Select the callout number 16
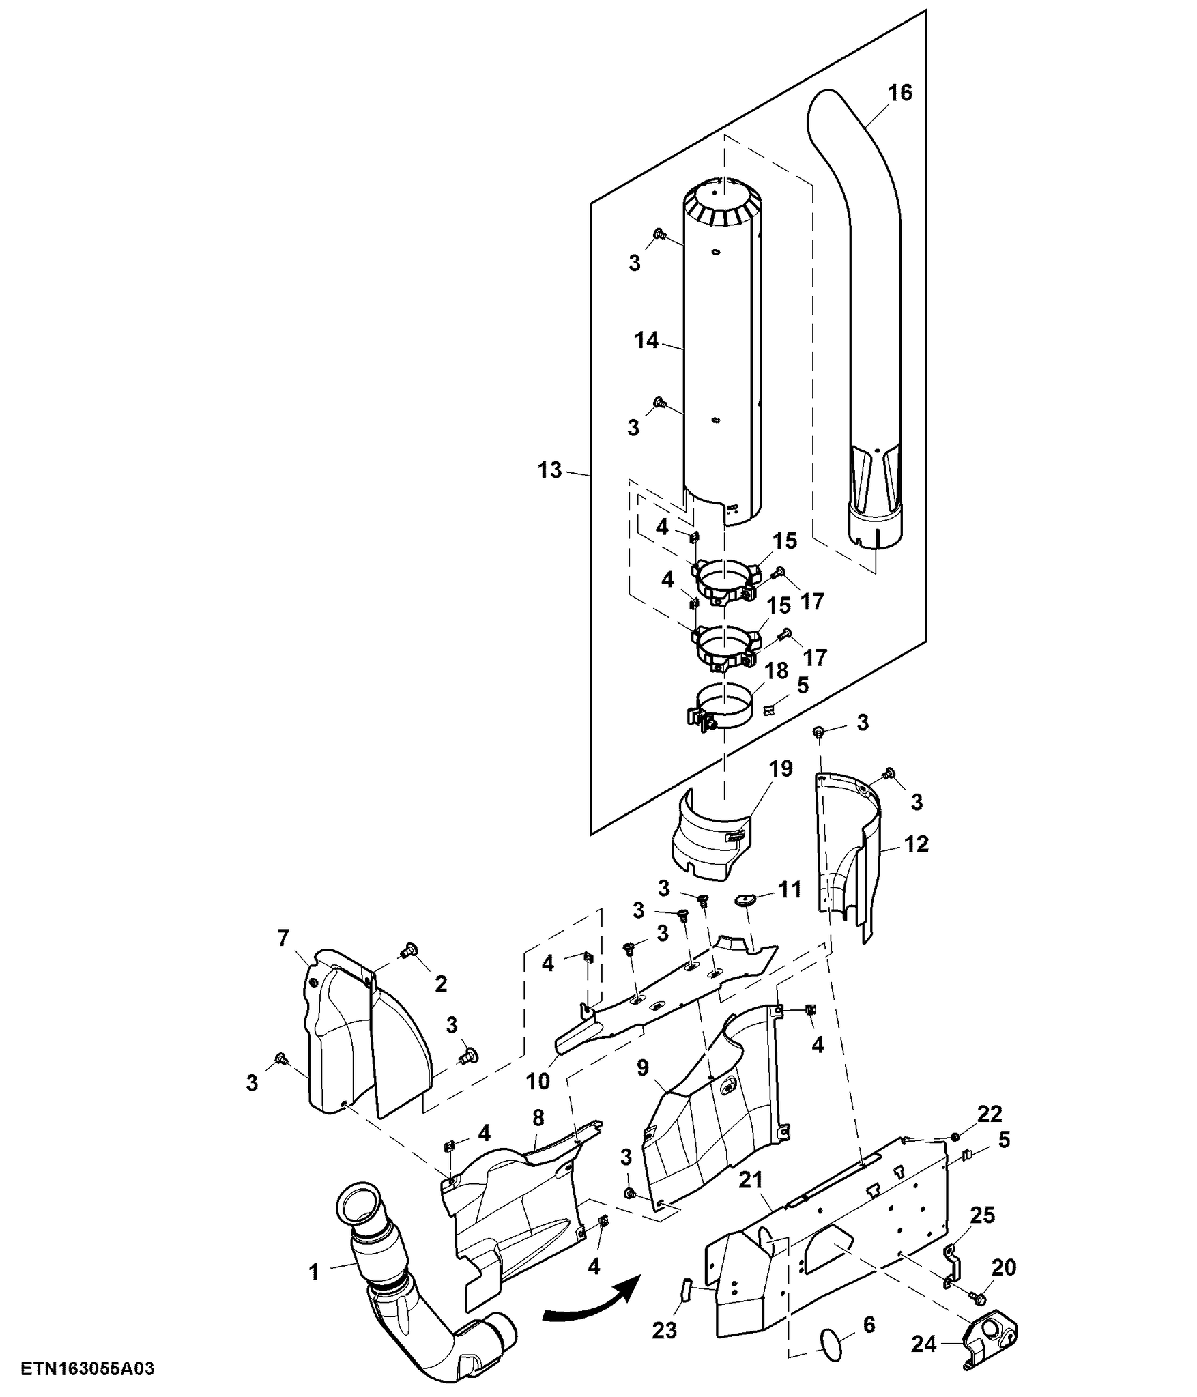(900, 92)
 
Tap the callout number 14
(646, 340)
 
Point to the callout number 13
(549, 470)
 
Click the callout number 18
(777, 670)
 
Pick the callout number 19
(781, 768)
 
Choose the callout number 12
(917, 844)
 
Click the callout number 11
(790, 890)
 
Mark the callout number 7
(283, 938)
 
